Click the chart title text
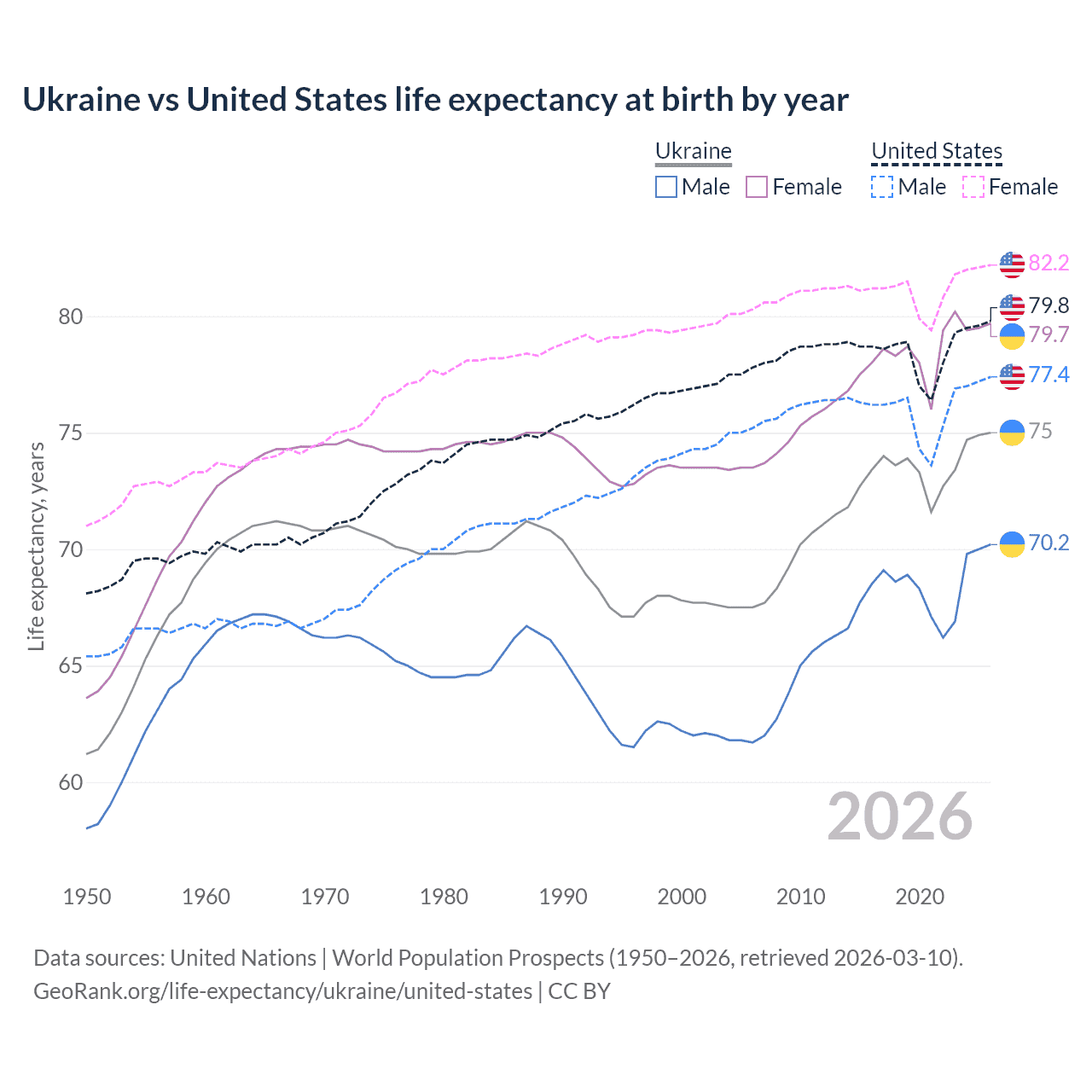pyautogui.click(x=435, y=100)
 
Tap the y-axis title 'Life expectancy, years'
pyautogui.click(x=36, y=546)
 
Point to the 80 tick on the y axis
pyautogui.click(x=71, y=317)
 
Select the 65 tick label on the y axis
pyautogui.click(x=71, y=665)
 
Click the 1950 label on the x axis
pyautogui.click(x=87, y=897)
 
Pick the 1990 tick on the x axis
pyautogui.click(x=563, y=897)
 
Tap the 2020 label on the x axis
pyautogui.click(x=920, y=897)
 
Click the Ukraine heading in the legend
pyautogui.click(x=694, y=151)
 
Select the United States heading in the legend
pyautogui.click(x=936, y=151)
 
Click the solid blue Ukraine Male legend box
pyautogui.click(x=666, y=187)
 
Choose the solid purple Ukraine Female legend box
pyautogui.click(x=757, y=187)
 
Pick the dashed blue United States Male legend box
pyautogui.click(x=882, y=187)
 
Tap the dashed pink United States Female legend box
pyautogui.click(x=973, y=187)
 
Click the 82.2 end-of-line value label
pyautogui.click(x=1048, y=263)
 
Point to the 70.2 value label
pyautogui.click(x=1048, y=543)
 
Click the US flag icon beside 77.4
pyautogui.click(x=1012, y=375)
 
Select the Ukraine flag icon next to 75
pyautogui.click(x=1012, y=432)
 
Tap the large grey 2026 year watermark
pyautogui.click(x=900, y=816)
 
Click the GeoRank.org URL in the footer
pyautogui.click(x=282, y=991)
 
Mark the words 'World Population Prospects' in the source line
pyautogui.click(x=468, y=958)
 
